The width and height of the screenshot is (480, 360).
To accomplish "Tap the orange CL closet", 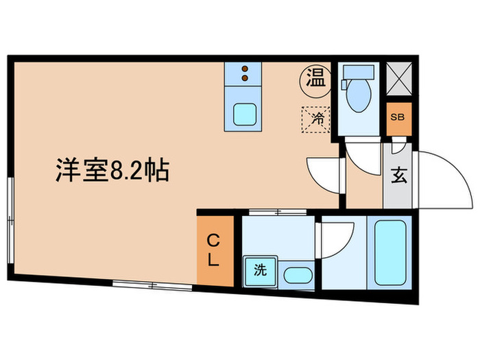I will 215,250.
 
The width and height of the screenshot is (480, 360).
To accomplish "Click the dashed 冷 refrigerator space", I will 317,119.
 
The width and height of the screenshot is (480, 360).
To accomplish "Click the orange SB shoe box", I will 398,117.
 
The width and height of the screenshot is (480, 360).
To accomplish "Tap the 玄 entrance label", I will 398,176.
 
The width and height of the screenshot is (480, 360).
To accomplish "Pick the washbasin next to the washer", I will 298,276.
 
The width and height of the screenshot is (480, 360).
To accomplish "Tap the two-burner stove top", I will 243,73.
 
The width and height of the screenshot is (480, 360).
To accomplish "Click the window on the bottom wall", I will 137,283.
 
